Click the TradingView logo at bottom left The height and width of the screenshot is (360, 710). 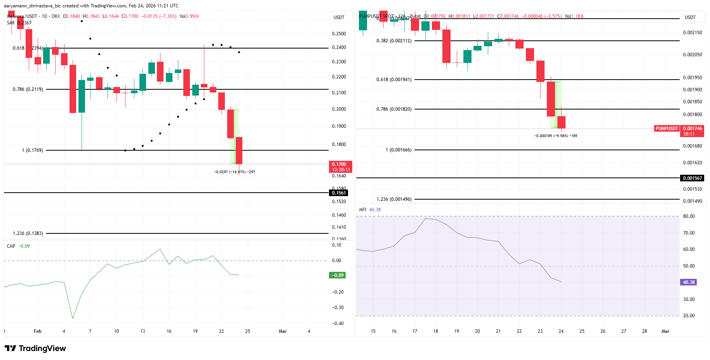click(35, 348)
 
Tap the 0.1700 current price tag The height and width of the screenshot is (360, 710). click(341, 167)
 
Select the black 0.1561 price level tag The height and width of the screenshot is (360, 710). click(339, 193)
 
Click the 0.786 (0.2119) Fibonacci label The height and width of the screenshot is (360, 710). click(28, 89)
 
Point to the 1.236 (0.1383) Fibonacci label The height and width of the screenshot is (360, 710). click(28, 233)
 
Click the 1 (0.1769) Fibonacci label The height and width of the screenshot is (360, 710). click(32, 150)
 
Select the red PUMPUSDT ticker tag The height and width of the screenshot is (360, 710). click(666, 129)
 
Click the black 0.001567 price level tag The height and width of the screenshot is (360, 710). click(692, 178)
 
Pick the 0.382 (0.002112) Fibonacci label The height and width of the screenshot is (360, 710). click(393, 41)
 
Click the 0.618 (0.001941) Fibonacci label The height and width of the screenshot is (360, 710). click(393, 80)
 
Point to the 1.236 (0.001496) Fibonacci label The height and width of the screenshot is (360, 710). click(393, 199)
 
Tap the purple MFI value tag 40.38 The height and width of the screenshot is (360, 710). click(689, 282)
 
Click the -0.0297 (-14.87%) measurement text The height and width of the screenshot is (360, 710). click(235, 172)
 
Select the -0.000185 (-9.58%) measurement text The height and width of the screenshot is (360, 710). click(555, 136)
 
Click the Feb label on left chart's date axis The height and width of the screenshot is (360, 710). click(37, 331)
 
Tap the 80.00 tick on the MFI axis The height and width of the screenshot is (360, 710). click(689, 216)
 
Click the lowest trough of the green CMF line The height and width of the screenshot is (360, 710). click(73, 318)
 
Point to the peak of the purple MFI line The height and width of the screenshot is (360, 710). click(426, 219)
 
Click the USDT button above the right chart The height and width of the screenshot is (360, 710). click(690, 17)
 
